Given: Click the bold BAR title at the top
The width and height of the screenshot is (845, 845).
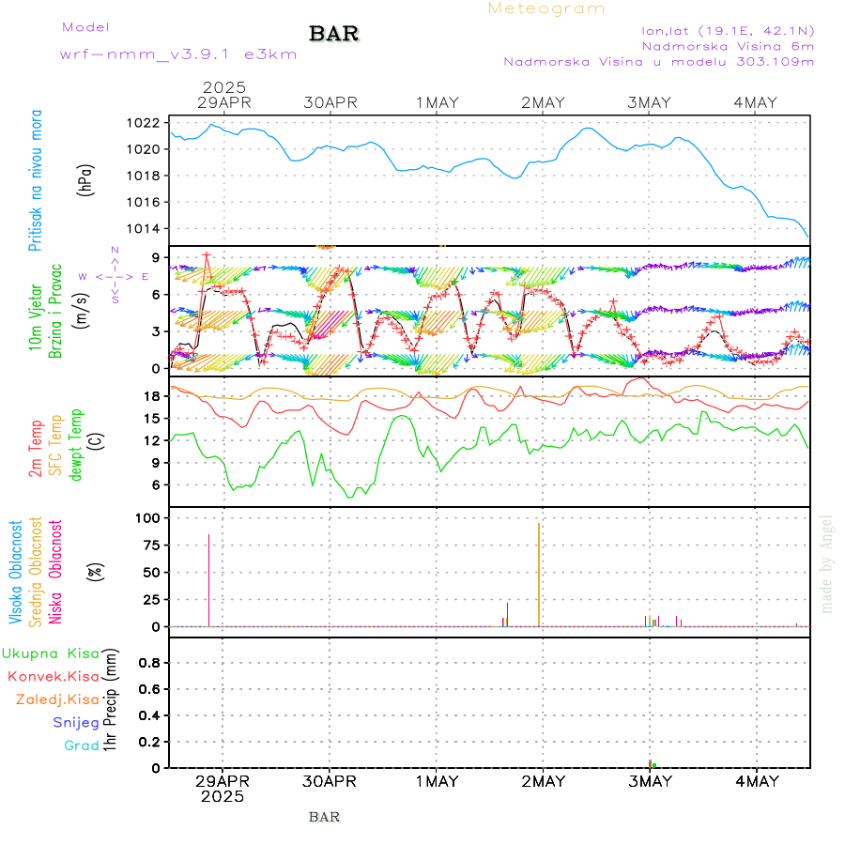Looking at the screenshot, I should coord(334,34).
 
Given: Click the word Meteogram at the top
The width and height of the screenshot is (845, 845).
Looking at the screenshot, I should coord(546,8).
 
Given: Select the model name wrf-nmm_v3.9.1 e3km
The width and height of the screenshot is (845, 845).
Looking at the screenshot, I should coord(178,54).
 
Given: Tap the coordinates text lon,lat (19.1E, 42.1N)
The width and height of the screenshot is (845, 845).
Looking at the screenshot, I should coord(728,29).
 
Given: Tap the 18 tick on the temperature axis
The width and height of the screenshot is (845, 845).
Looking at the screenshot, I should coord(149,396).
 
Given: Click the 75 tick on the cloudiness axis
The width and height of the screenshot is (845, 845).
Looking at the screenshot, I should coord(148,545).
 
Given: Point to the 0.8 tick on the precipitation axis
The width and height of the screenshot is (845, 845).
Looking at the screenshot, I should coord(147,663).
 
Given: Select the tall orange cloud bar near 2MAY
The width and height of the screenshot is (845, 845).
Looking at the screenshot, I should coord(538,574).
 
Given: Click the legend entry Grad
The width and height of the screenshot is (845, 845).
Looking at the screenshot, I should coord(82,745).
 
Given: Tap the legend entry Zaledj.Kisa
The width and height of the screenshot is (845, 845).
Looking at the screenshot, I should coord(57,699).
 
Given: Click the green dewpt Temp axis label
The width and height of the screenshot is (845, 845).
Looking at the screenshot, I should coord(75,442).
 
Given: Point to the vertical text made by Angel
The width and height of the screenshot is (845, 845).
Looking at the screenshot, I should coord(826,563).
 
